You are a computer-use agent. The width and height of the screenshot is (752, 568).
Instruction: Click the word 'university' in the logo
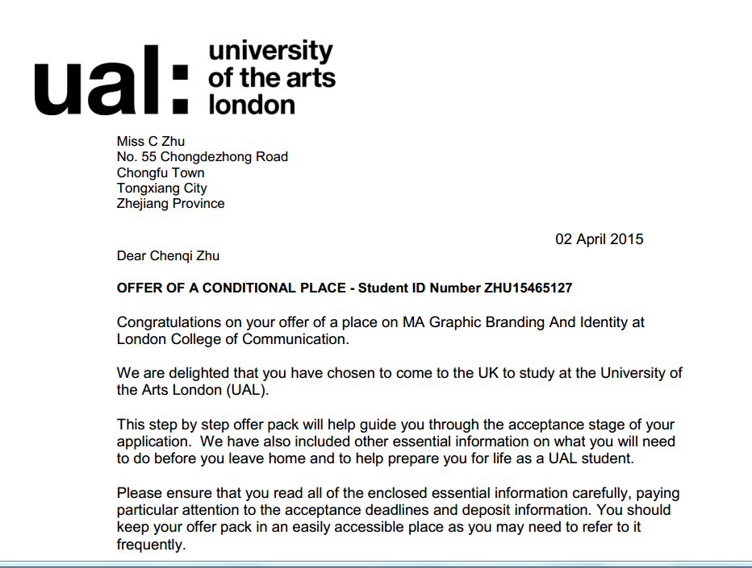[x=270, y=52]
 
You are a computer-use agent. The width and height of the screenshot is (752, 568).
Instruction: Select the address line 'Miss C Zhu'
[x=151, y=142]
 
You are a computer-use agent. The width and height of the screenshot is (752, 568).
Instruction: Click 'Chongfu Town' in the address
[x=161, y=172]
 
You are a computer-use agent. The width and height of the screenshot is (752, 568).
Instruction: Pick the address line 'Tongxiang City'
[x=162, y=189]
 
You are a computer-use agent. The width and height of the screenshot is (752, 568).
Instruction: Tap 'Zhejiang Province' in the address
[x=170, y=204]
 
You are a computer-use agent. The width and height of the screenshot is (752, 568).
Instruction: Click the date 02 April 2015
[x=599, y=239]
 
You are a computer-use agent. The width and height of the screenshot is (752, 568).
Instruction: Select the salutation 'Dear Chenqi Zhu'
[x=168, y=256]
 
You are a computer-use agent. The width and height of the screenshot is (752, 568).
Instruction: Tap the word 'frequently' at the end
[x=151, y=545]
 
